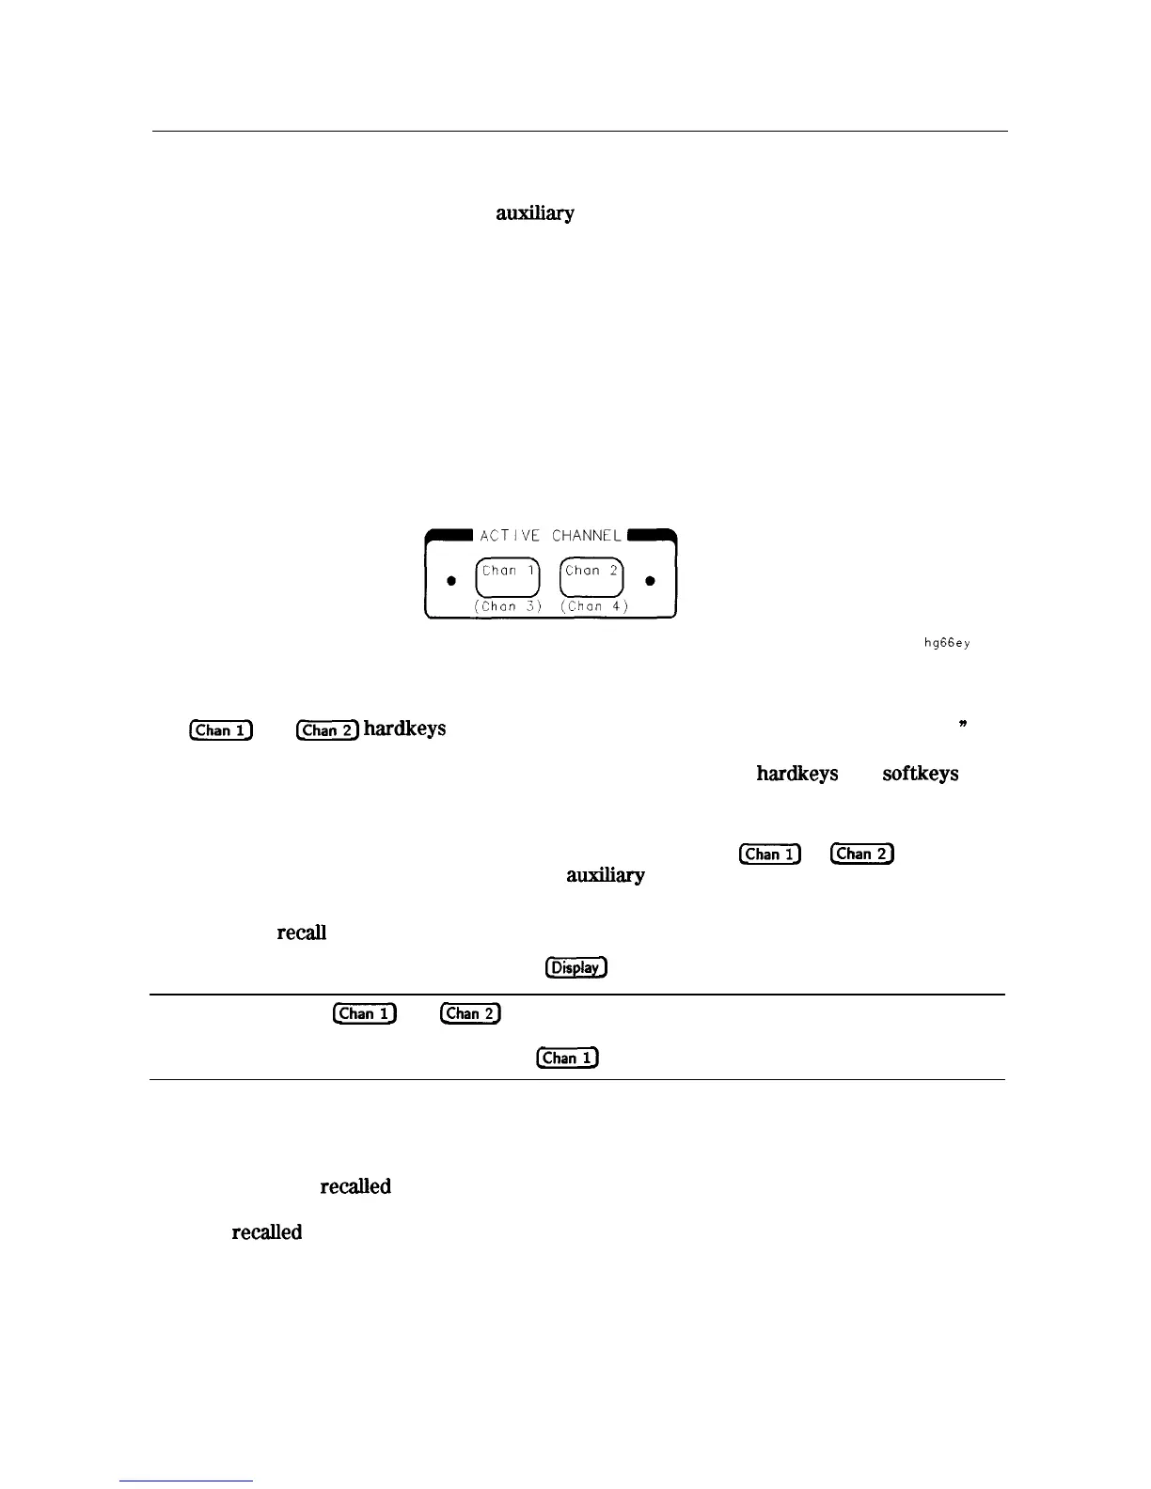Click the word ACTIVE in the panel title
(510, 536)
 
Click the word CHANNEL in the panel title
(587, 536)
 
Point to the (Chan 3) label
(508, 606)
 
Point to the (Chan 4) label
(594, 606)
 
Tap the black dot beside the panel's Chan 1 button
(451, 581)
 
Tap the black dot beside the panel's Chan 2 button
(651, 581)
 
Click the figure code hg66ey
(946, 643)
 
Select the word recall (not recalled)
(301, 933)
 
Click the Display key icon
(575, 967)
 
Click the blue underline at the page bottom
(186, 1481)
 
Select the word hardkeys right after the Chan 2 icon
(404, 729)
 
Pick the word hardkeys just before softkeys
(796, 774)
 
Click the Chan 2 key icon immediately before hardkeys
(327, 730)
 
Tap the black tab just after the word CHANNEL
(651, 534)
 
